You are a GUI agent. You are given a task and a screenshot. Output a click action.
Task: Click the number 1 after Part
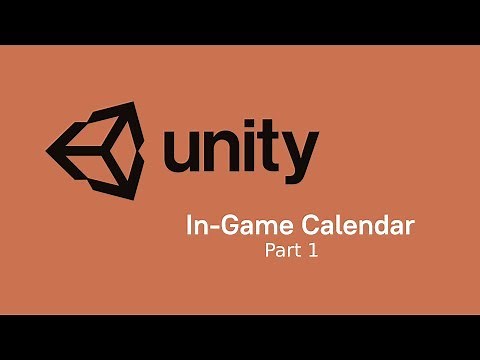(x=313, y=251)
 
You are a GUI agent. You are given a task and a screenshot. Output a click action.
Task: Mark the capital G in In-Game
(x=223, y=226)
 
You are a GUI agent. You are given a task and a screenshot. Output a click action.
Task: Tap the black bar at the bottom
(x=240, y=337)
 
